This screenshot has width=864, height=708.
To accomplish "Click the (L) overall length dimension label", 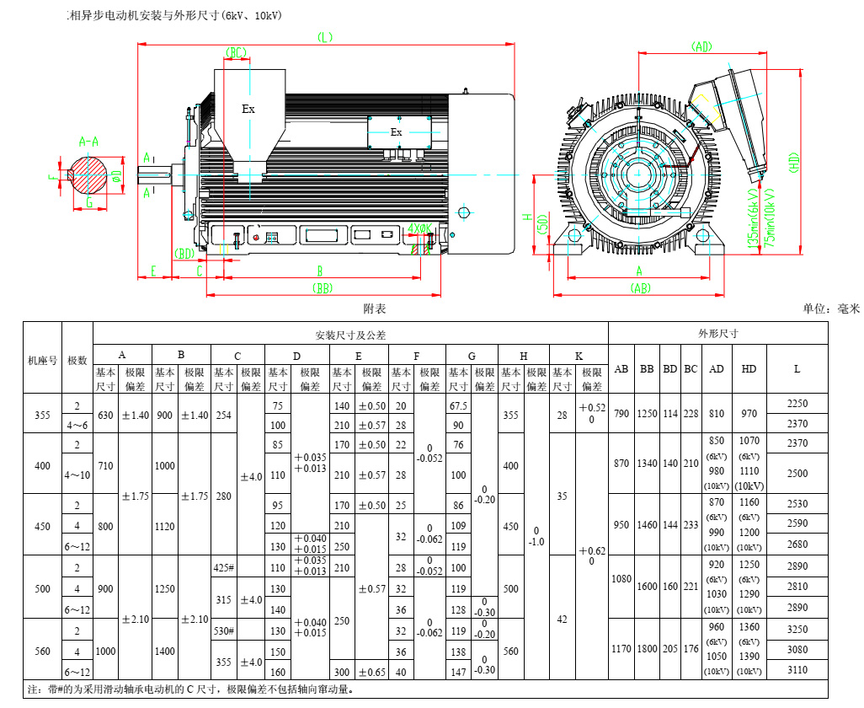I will click(325, 36).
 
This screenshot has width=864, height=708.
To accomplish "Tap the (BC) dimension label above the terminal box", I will click(237, 53).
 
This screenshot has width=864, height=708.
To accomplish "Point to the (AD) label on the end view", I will click(701, 47).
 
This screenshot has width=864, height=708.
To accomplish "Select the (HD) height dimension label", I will click(794, 162).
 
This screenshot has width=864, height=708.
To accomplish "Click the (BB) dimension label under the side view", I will click(323, 287).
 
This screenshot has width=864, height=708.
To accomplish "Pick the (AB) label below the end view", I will click(640, 288).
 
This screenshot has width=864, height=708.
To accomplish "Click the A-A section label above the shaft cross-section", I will click(88, 141).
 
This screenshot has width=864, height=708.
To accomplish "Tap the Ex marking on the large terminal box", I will click(248, 109).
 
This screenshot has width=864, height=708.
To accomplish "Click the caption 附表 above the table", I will click(375, 308).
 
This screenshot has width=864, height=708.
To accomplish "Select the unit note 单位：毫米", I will click(831, 308).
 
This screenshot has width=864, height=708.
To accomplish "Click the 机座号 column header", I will click(43, 359).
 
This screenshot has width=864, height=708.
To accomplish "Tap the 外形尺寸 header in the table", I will click(717, 333).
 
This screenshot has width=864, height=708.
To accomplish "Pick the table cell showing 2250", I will click(797, 404).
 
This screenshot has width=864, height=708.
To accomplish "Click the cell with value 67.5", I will click(459, 405).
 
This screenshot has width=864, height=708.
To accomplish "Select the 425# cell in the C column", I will click(224, 567).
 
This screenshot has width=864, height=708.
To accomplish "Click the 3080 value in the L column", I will click(797, 650).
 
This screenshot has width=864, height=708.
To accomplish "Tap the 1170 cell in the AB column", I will click(621, 650).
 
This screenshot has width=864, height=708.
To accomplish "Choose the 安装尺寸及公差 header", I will click(350, 335).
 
